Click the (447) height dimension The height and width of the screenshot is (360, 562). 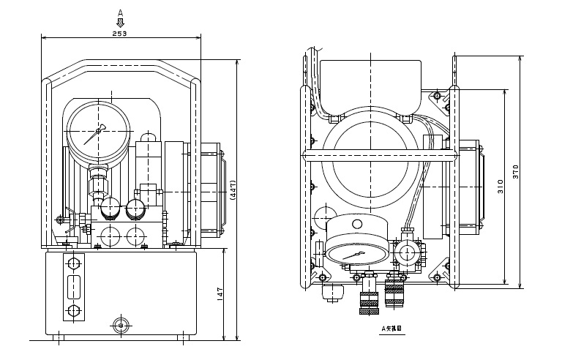[x=233, y=191]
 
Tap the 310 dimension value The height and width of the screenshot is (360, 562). [x=501, y=187]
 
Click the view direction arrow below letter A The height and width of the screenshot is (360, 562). [x=120, y=23]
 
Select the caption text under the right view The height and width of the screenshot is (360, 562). [x=391, y=329]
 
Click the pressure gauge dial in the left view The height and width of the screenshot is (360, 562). [x=99, y=134]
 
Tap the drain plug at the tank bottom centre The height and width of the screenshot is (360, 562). [x=120, y=324]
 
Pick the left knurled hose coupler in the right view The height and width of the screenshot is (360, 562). [x=367, y=299]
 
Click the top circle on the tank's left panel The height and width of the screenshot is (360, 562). [x=72, y=263]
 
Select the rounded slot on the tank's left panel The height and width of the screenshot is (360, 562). [x=72, y=287]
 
